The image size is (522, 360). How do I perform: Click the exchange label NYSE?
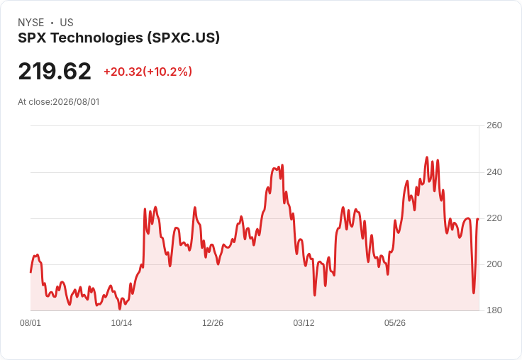tap(31, 23)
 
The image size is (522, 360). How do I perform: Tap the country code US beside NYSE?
tap(67, 23)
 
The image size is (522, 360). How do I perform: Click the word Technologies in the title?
tap(97, 38)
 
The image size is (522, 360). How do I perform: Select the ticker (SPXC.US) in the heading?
tap(184, 38)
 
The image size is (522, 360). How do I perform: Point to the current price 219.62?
tap(55, 71)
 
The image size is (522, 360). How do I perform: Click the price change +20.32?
tap(123, 72)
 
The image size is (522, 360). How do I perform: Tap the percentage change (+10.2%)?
tap(167, 72)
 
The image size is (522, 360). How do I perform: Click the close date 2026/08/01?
tap(76, 102)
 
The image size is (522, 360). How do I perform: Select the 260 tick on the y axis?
tap(494, 125)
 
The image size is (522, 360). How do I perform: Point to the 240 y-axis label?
tap(494, 172)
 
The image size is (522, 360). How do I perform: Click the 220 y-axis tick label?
tap(494, 218)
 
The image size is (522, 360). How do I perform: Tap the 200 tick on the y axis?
tap(494, 264)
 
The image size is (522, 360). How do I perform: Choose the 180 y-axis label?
tap(494, 310)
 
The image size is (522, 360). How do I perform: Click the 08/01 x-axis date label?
tap(30, 323)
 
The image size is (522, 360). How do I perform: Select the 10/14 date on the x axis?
tap(121, 323)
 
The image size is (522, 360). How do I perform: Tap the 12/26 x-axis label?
tap(213, 323)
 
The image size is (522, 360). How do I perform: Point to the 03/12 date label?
tap(304, 323)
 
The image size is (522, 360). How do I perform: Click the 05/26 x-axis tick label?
tap(395, 323)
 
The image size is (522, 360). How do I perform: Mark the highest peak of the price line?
tap(427, 157)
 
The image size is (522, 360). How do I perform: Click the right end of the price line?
tap(478, 219)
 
